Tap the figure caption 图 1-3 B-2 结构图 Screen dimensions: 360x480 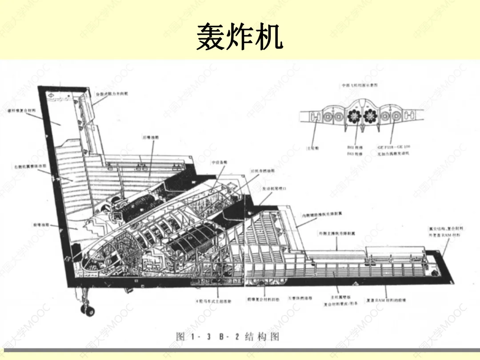point(228,336)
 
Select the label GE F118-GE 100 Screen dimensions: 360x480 point(394,147)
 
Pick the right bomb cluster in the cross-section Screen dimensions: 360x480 point(370,116)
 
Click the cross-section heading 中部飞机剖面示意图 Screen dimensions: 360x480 point(360,85)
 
